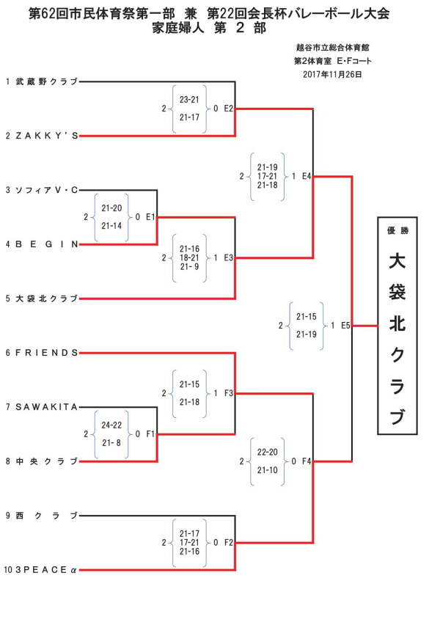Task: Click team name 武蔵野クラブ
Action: pos(46,81)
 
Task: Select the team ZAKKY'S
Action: pos(46,136)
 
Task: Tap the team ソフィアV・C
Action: pos(46,191)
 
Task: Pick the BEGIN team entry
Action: pos(46,244)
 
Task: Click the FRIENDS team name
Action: pos(46,353)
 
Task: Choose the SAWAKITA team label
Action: pos(46,407)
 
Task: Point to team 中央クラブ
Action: pos(46,461)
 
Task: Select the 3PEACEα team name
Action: pos(45,570)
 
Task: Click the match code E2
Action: pos(229,109)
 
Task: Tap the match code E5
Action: pos(345,326)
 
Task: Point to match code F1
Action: pos(150,434)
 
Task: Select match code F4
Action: pos(307,461)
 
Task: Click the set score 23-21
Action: pos(189,100)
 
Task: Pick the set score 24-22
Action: pos(111,425)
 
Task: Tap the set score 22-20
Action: pos(268,453)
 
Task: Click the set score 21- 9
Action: pos(189,267)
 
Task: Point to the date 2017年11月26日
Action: pos(332,75)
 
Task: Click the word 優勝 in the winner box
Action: pos(397,231)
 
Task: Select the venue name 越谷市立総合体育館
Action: pos(332,48)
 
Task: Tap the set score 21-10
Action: pos(268,470)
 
